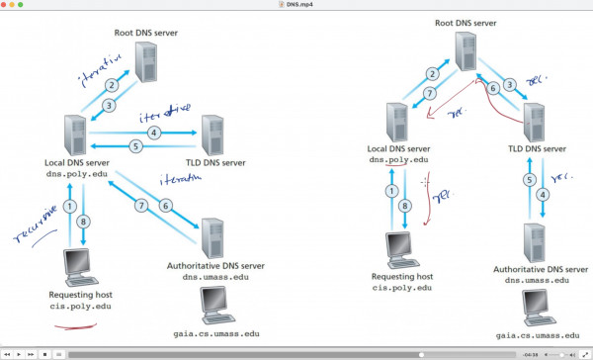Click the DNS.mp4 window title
(296, 5)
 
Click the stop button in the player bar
(43, 353)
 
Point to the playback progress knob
(422, 353)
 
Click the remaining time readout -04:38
(530, 353)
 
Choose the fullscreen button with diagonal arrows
(584, 353)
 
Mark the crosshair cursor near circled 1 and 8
(425, 182)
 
